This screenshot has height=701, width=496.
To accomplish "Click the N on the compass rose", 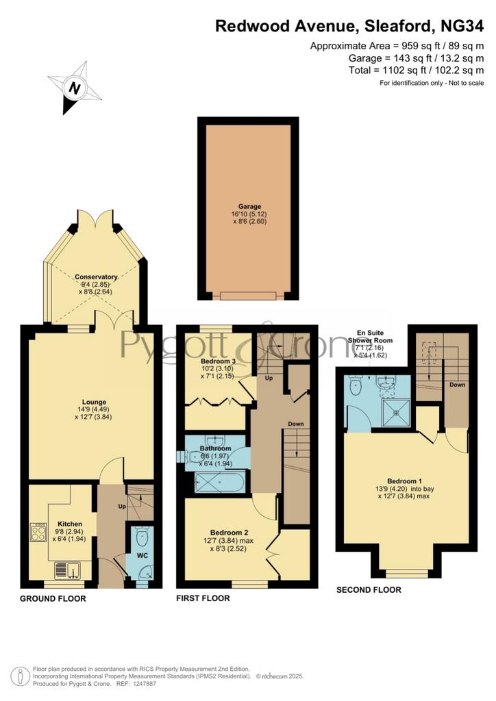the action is pyautogui.click(x=75, y=88).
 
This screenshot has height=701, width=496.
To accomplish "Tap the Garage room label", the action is pyautogui.click(x=249, y=207).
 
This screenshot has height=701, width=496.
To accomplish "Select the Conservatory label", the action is pyautogui.click(x=96, y=277).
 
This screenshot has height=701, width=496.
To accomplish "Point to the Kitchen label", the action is pyautogui.click(x=70, y=524).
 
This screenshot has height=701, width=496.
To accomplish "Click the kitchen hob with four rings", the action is pyautogui.click(x=38, y=532).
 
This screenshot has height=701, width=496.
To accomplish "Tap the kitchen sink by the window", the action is pyautogui.click(x=67, y=570).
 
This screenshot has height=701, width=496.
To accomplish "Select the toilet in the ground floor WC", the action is pyautogui.click(x=142, y=537).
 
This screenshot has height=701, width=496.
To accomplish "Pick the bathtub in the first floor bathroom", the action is pyautogui.click(x=219, y=482).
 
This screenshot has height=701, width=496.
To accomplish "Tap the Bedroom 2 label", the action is pyautogui.click(x=229, y=533).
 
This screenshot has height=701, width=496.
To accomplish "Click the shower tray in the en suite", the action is pyautogui.click(x=396, y=413).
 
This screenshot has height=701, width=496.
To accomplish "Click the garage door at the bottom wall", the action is pyautogui.click(x=248, y=296).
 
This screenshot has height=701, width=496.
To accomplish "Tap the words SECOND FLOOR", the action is pyautogui.click(x=369, y=590).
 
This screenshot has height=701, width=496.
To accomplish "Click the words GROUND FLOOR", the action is pyautogui.click(x=53, y=598).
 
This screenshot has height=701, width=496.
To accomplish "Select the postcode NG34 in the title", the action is pyautogui.click(x=462, y=26).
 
